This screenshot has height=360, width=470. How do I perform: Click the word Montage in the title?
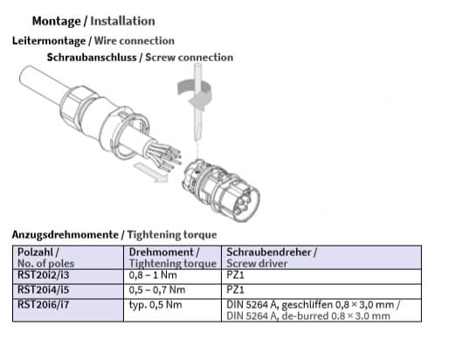click(57, 21)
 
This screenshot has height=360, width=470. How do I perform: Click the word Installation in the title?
click(122, 21)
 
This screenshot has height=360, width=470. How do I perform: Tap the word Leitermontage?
click(49, 41)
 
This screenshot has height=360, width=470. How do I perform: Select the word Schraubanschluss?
click(92, 58)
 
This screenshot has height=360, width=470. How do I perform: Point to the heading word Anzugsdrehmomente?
click(65, 234)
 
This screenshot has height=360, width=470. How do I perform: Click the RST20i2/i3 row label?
click(43, 275)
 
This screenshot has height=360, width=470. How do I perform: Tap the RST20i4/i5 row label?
click(43, 289)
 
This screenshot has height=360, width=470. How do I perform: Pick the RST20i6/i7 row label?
click(43, 305)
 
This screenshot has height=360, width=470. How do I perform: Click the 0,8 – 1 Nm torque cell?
click(153, 275)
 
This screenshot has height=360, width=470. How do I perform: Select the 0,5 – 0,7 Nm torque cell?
click(157, 289)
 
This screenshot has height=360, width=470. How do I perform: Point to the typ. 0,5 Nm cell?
click(156, 305)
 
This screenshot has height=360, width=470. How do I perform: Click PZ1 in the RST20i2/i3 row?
click(235, 275)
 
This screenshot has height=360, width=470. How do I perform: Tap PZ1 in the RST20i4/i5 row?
click(235, 289)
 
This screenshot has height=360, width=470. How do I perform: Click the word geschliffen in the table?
click(307, 305)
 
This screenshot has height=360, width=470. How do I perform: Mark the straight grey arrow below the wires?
click(150, 172)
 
